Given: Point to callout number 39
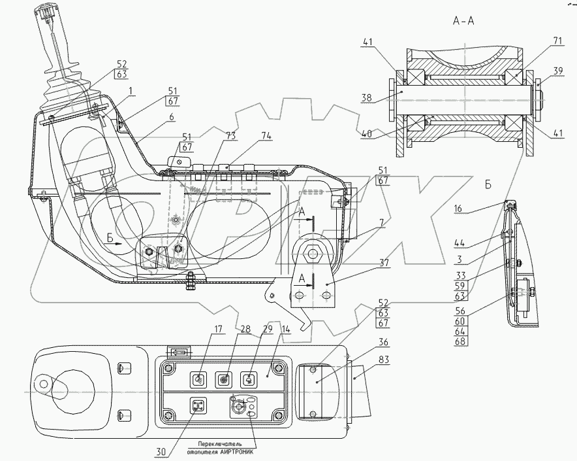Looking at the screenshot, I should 558,71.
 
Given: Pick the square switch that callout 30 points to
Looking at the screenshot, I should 198,406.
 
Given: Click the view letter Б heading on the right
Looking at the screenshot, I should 488,185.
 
